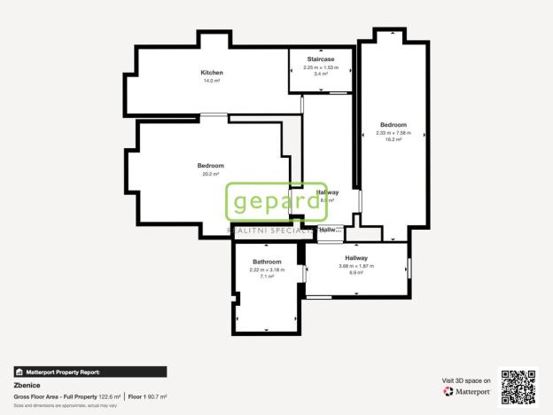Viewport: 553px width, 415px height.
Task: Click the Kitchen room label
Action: [211, 73]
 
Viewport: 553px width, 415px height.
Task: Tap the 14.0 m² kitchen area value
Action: [211, 80]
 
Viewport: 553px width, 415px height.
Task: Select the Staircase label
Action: [321, 59]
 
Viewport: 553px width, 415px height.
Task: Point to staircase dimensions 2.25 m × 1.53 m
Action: [321, 67]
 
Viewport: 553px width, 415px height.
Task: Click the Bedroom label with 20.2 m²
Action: [211, 166]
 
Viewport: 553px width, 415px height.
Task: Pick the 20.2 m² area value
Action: [211, 174]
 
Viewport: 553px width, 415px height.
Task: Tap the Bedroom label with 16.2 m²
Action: [393, 125]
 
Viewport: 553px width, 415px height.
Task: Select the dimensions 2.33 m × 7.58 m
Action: [393, 133]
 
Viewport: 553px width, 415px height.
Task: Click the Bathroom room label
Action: [267, 262]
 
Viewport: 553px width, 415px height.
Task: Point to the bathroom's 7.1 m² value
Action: [267, 277]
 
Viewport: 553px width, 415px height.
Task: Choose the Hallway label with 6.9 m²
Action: [356, 258]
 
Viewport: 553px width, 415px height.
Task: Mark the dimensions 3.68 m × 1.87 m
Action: [356, 266]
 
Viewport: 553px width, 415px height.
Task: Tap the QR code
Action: [518, 387]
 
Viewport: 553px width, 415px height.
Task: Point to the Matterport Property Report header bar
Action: [90, 372]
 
